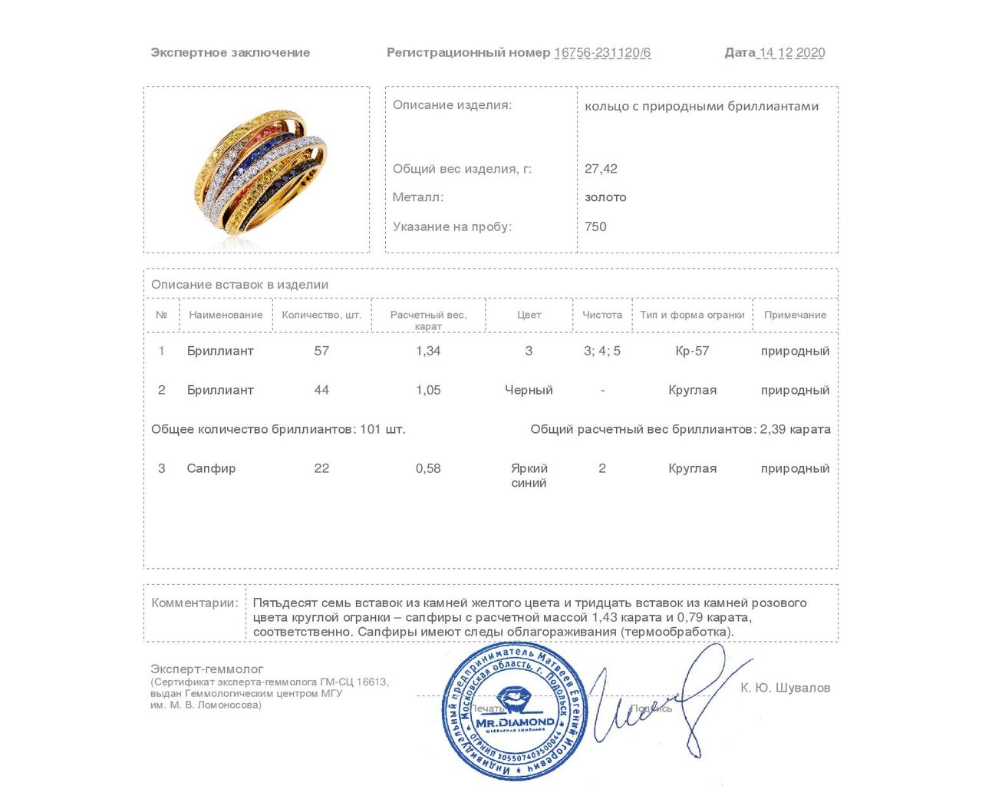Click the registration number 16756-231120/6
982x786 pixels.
[x=602, y=53]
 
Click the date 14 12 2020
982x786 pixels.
[x=792, y=53]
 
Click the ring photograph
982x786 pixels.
[x=257, y=170]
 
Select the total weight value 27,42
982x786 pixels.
[x=601, y=169]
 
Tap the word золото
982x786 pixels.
[x=605, y=197]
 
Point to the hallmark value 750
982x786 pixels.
[x=595, y=226]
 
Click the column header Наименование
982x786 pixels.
[x=226, y=315]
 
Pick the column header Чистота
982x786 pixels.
[x=602, y=315]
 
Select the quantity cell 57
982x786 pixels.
[x=321, y=351]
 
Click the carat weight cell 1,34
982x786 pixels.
[x=428, y=351]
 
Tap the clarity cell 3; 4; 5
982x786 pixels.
[x=602, y=351]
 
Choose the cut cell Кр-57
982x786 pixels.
[x=692, y=351]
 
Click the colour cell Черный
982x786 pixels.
[x=529, y=390]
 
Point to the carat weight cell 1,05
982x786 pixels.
[x=428, y=390]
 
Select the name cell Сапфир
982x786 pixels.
[x=211, y=468]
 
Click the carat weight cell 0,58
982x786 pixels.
[x=428, y=468]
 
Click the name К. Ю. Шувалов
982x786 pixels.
[x=785, y=688]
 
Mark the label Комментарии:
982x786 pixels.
[x=195, y=603]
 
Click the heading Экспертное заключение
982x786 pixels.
[x=230, y=53]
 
